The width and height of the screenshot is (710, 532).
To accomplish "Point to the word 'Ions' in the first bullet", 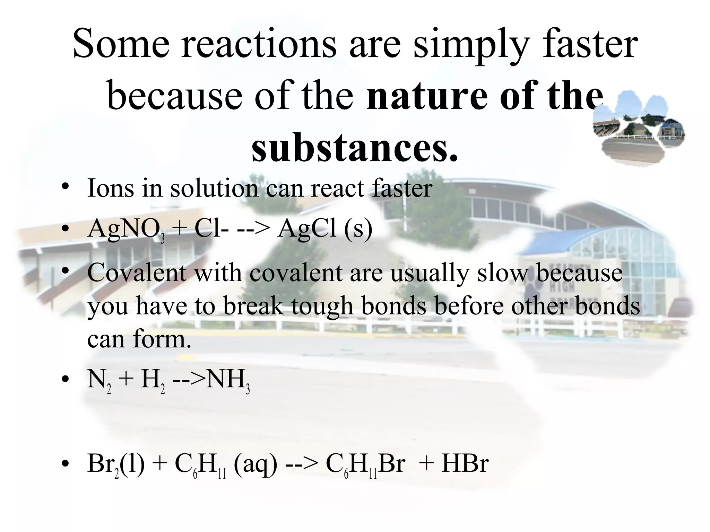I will pyautogui.click(x=110, y=188).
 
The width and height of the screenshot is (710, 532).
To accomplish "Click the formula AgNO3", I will pyautogui.click(x=126, y=230).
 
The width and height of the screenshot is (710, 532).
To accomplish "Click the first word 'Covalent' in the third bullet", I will pyautogui.click(x=137, y=273).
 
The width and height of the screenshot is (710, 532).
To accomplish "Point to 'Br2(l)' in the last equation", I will pyautogui.click(x=116, y=464).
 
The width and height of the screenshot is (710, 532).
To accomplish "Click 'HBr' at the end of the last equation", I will pyautogui.click(x=465, y=464).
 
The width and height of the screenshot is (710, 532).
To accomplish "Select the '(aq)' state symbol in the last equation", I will pyautogui.click(x=256, y=464).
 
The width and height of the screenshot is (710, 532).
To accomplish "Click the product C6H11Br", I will pyautogui.click(x=365, y=464).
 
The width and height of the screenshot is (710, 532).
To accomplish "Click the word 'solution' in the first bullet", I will pyautogui.click(x=214, y=188).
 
